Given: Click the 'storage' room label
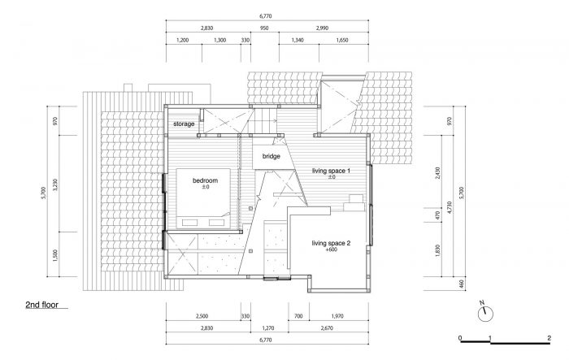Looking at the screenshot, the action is [184, 124].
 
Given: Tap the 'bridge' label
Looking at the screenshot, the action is [271, 156].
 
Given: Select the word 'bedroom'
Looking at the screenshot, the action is [205, 180].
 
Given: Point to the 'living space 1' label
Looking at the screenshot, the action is [331, 171].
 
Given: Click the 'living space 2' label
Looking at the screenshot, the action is [331, 243].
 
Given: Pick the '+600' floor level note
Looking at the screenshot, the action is [332, 249].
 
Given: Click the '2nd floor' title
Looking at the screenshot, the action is [41, 305].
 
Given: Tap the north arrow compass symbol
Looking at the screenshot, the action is [485, 312].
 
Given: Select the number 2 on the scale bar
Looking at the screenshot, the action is [549, 338].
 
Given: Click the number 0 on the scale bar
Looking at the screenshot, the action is [460, 338].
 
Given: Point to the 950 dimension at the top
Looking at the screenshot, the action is [264, 28].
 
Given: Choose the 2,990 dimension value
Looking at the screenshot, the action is [322, 28].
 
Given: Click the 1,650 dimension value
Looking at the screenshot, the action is [342, 41].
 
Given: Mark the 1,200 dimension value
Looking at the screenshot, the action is [183, 41].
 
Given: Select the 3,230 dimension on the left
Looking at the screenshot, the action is [55, 184].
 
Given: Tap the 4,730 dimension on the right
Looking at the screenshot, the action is [450, 207].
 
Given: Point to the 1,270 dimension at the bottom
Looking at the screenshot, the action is [268, 328].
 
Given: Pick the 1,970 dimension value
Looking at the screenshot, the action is [337, 316].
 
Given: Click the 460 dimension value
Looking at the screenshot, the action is [462, 284].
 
